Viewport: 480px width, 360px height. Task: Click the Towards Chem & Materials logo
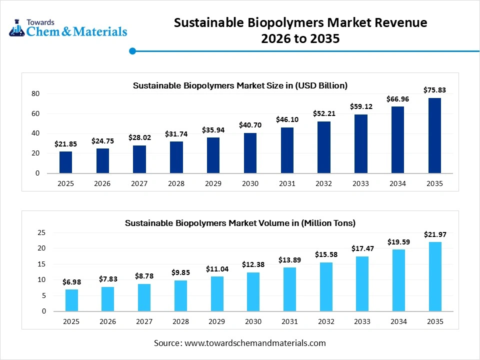coord(68,28)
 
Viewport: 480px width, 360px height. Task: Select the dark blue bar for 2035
coord(434,135)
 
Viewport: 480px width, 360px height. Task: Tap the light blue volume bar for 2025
coord(71,300)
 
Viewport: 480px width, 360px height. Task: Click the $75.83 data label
coord(434,90)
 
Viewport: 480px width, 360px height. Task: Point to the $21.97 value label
coord(434,234)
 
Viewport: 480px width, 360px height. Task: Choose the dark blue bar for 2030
coord(250,153)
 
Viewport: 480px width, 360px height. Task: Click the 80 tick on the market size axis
coord(35,93)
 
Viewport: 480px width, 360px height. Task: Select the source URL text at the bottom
coord(240,343)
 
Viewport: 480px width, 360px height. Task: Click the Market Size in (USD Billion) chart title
coord(240,85)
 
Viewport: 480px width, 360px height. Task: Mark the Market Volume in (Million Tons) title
coord(240,222)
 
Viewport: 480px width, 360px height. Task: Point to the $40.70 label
coord(250,125)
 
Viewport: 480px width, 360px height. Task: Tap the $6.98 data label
coord(71,282)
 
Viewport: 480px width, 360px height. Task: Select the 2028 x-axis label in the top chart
coord(176,183)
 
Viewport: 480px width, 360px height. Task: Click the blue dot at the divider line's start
coord(132,50)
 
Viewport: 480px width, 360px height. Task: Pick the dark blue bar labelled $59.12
coord(360,144)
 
